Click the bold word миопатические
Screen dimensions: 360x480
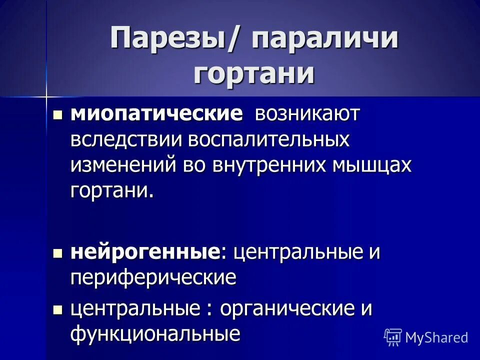(x=156, y=114)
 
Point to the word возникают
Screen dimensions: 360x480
(x=307, y=114)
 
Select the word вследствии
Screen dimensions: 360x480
(x=125, y=139)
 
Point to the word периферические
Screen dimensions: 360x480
(x=153, y=277)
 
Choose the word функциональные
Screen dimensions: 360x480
(x=155, y=333)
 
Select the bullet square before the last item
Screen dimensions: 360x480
(x=57, y=310)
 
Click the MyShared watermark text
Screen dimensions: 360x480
(x=436, y=337)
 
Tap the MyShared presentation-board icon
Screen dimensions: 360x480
(x=393, y=337)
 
